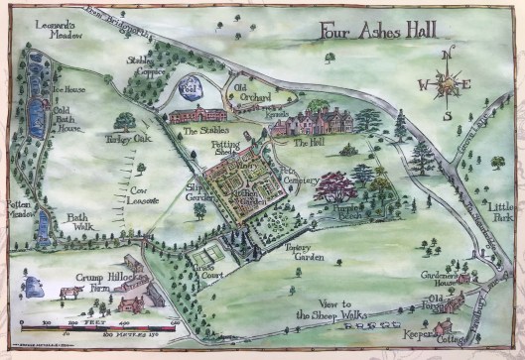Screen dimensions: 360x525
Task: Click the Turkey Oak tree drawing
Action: (124, 122)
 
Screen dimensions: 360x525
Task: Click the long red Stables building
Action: (203, 116)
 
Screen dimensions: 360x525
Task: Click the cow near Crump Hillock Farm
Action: (69, 293)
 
